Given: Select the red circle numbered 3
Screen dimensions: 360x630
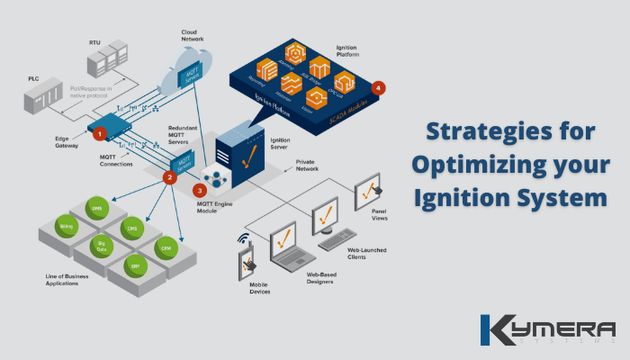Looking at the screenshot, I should pos(200,191).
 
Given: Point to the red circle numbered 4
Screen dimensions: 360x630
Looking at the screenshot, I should pos(379,88).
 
